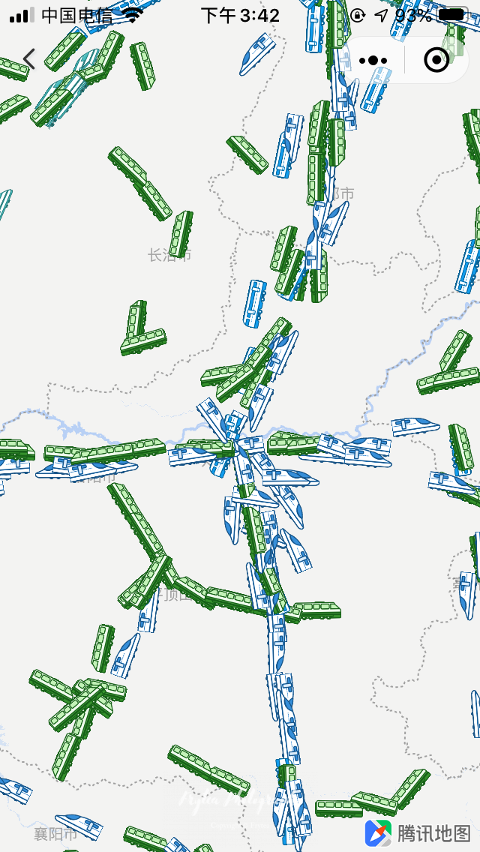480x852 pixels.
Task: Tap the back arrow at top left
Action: (29, 58)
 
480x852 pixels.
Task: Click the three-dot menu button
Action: (373, 60)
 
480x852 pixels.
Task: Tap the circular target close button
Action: (436, 60)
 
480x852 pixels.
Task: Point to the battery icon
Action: (452, 15)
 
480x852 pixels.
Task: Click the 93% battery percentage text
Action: (412, 15)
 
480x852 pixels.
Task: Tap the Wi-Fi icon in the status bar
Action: (133, 15)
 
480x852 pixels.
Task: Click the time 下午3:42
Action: (240, 15)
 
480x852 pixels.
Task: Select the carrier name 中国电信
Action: (76, 15)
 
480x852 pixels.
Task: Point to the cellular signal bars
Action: (22, 15)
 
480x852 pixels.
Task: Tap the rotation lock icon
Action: (358, 15)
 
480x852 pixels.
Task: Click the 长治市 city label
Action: (169, 255)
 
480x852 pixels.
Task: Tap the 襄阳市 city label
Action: (55, 834)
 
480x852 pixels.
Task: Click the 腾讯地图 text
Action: (434, 832)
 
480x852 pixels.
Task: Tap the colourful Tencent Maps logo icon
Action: (378, 832)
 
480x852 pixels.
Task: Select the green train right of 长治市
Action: (181, 233)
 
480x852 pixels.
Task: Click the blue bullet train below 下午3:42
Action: (256, 54)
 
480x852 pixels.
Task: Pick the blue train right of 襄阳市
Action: (79, 824)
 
